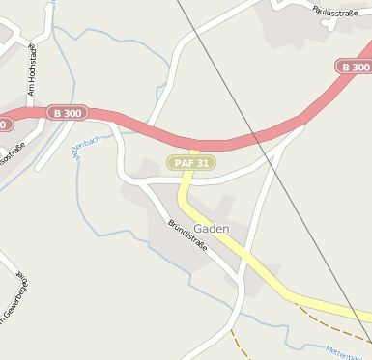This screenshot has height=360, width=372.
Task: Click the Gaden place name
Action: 211,229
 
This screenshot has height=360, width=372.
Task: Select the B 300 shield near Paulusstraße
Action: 355,67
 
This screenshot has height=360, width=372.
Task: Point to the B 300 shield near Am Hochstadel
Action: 68,113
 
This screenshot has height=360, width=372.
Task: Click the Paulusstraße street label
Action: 335,11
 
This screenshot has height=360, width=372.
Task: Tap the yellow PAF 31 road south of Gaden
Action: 280,284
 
